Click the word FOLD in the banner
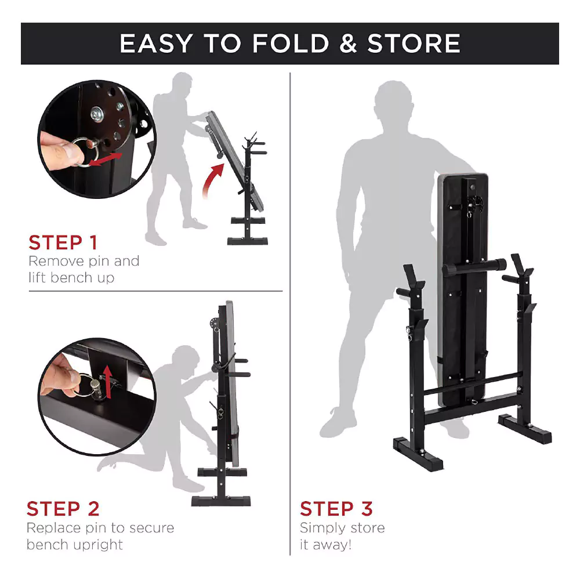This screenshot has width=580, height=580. pyautogui.click(x=291, y=43)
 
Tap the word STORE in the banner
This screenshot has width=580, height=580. pyautogui.click(x=414, y=43)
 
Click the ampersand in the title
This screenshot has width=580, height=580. pyautogui.click(x=347, y=43)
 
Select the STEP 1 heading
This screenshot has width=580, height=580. pyautogui.click(x=63, y=242)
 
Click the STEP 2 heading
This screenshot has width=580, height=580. pyautogui.click(x=63, y=509)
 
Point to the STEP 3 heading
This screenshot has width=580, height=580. pyautogui.click(x=336, y=509)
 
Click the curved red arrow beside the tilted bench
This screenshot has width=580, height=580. pyautogui.click(x=213, y=179)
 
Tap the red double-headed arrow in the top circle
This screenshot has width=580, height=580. pyautogui.click(x=106, y=159)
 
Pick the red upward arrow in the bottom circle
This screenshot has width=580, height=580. pyautogui.click(x=108, y=382)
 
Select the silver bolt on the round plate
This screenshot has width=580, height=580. pyautogui.click(x=97, y=113)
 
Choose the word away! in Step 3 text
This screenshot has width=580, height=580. pyautogui.click(x=332, y=545)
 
